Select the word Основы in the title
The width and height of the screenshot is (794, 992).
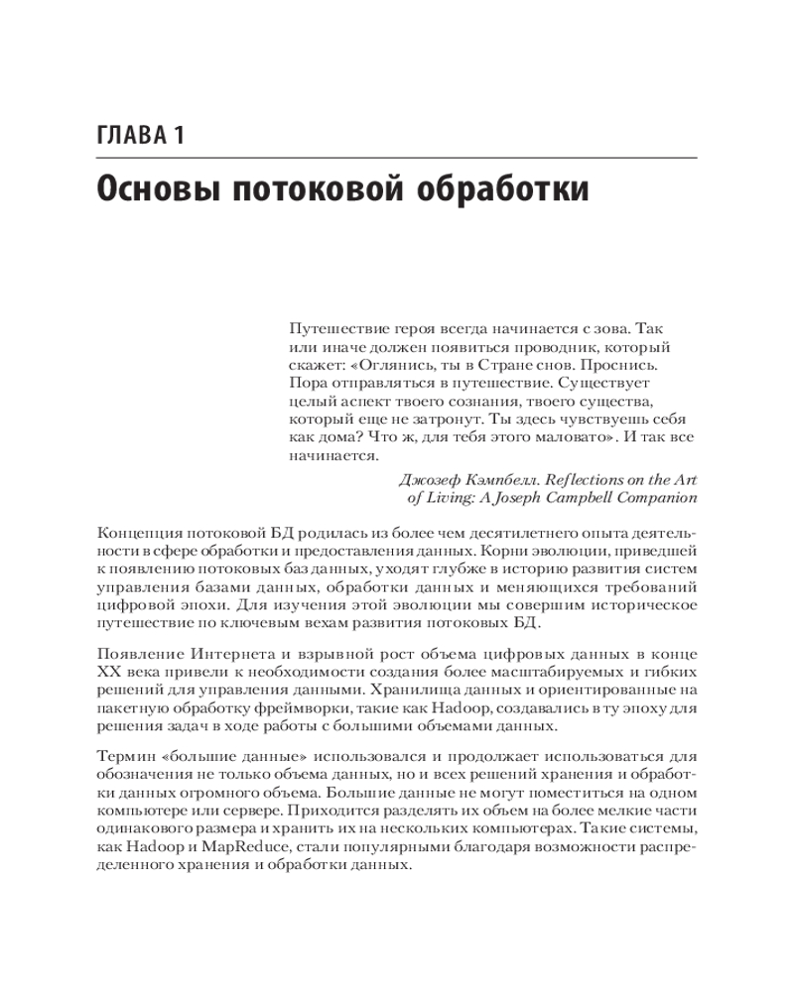[157, 188]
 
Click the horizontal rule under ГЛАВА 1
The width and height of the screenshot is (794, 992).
[397, 159]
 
